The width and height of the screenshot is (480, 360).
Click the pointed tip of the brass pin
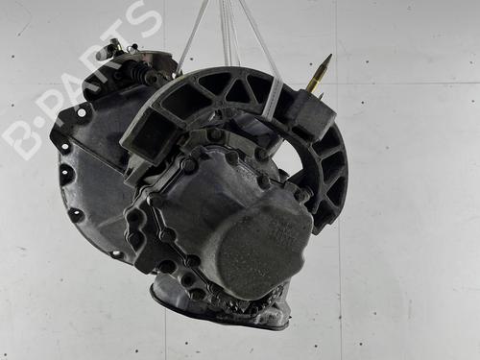point(331,55)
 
